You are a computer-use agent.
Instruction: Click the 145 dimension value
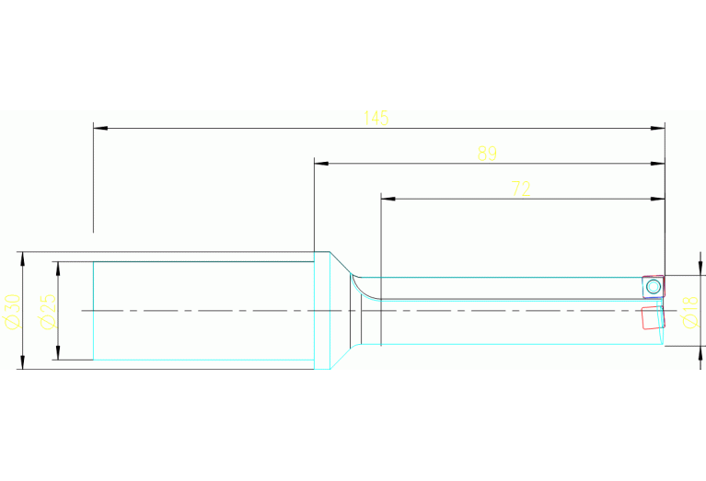(x=376, y=118)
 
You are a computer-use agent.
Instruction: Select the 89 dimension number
(x=487, y=154)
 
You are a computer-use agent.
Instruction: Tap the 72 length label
(x=521, y=189)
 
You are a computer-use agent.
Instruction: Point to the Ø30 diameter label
(x=13, y=311)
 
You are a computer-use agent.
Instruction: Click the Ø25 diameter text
(x=49, y=311)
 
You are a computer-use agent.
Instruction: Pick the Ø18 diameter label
(x=690, y=312)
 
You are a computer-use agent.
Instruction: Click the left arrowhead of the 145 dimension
(x=100, y=128)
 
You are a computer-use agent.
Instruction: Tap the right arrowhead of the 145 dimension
(x=658, y=128)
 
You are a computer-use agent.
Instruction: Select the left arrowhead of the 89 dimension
(x=321, y=164)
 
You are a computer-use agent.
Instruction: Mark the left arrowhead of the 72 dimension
(x=388, y=199)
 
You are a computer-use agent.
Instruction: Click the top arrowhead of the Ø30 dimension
(x=22, y=258)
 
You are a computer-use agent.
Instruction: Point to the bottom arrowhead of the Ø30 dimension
(x=22, y=362)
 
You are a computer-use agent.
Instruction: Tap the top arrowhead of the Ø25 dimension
(x=58, y=269)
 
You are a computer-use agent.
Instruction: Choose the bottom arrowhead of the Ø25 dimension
(x=58, y=353)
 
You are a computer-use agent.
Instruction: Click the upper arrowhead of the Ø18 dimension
(x=700, y=269)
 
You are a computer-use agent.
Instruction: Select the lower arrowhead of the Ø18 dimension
(x=700, y=353)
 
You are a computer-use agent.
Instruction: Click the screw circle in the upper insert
(x=653, y=286)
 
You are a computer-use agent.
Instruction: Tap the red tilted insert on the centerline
(x=654, y=317)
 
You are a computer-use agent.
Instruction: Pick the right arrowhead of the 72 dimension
(x=658, y=199)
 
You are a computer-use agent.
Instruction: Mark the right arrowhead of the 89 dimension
(x=658, y=164)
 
